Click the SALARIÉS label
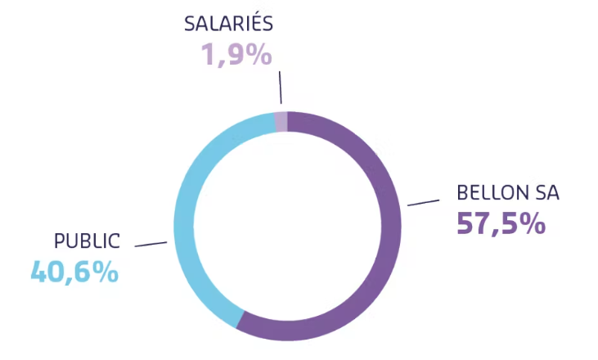228,22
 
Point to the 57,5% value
501,223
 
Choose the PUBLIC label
87,241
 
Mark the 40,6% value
74,271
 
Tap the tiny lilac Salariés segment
281,121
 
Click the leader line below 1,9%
281,88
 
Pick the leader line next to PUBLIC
151,244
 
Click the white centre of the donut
288,225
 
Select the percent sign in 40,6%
105,271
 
